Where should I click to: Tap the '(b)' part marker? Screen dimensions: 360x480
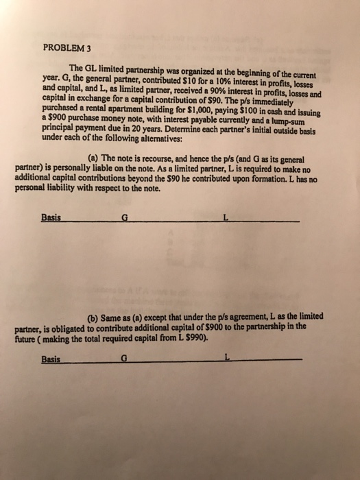pos(98,316)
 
